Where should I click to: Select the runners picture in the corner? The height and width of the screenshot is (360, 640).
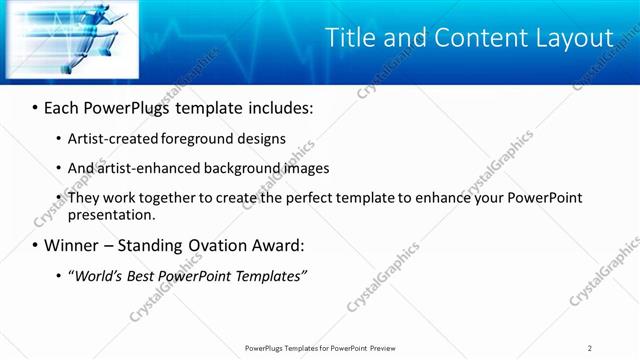point(70,39)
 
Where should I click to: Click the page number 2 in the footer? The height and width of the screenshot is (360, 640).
point(590,347)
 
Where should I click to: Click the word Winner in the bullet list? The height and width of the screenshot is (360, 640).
point(72,245)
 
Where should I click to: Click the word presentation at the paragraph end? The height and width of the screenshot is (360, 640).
point(110,214)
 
